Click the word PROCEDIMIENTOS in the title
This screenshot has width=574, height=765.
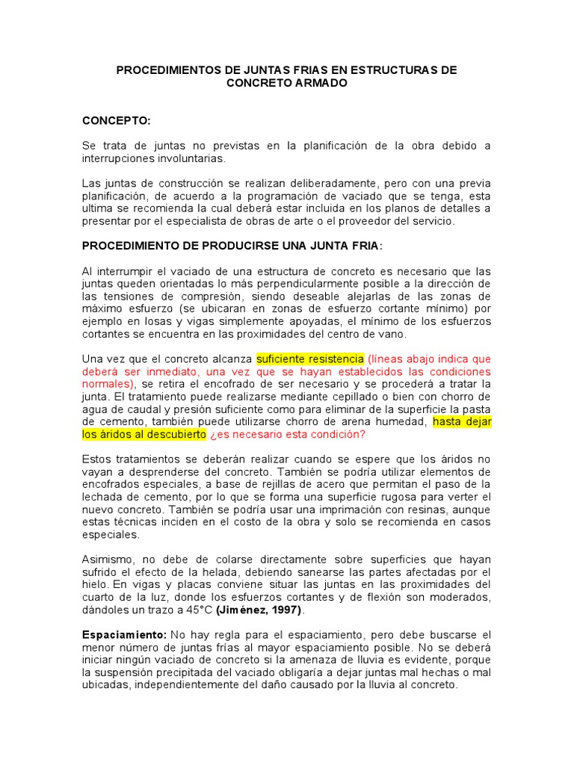pyautogui.click(x=165, y=69)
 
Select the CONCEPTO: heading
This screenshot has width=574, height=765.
pyautogui.click(x=116, y=120)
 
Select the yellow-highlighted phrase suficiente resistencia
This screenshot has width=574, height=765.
pyautogui.click(x=309, y=359)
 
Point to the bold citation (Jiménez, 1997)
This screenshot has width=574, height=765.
pyautogui.click(x=259, y=610)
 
